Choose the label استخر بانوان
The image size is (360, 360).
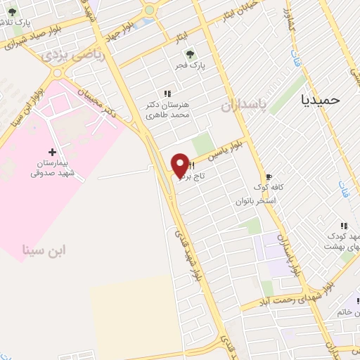(x=257, y=201)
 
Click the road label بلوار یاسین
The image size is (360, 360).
(x=229, y=146)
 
